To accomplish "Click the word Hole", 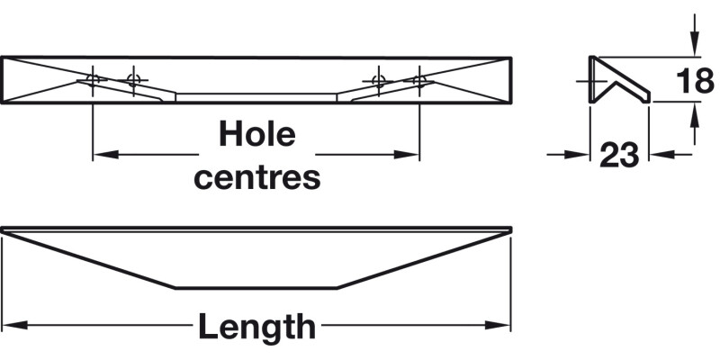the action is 257,134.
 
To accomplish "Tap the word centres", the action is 257,177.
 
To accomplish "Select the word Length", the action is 257,326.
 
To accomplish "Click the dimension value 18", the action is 695,81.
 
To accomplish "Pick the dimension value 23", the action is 619,155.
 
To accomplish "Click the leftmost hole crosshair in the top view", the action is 93,80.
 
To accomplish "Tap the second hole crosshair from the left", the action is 133,80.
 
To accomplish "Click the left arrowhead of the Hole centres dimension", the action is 105,155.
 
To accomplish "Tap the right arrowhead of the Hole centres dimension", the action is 407,155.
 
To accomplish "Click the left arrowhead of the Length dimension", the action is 15,325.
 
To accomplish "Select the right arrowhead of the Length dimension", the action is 498,325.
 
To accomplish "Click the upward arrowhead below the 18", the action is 695,114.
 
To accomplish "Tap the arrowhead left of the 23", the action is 577,155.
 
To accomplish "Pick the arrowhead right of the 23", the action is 661,155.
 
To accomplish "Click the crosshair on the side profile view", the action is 592,81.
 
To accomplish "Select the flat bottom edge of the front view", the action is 256,288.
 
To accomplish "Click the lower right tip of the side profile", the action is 649,102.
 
